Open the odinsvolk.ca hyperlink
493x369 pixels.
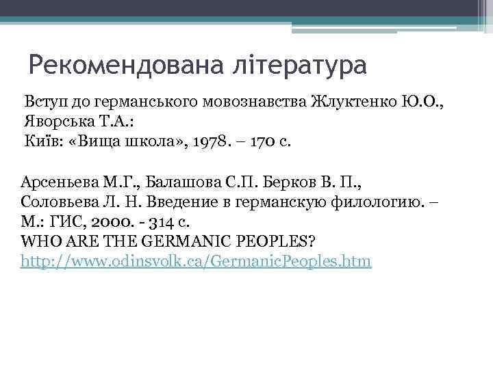pos(197,262)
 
